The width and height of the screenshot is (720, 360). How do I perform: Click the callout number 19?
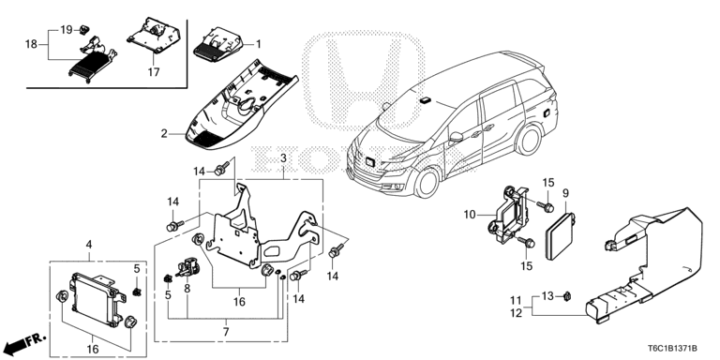click(x=67, y=30)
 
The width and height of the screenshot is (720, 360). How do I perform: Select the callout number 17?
click(x=154, y=72)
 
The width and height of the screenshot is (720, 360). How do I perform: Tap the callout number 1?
click(x=258, y=44)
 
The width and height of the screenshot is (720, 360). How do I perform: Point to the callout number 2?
click(x=164, y=134)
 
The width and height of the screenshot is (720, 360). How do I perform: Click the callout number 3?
click(x=283, y=157)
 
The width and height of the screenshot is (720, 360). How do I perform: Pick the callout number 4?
click(x=89, y=245)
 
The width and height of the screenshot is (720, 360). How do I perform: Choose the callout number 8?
click(x=187, y=289)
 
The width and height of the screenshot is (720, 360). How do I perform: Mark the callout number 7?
click(x=226, y=331)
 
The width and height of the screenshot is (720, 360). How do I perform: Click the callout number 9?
click(x=565, y=193)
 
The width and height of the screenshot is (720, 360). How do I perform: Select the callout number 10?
click(x=470, y=214)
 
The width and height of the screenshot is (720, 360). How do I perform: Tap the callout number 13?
click(x=547, y=296)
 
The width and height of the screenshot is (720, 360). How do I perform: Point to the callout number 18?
click(x=31, y=45)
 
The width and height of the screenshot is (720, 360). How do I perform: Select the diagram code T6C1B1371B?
click(x=673, y=349)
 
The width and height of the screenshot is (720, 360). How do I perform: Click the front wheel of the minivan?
click(x=427, y=183)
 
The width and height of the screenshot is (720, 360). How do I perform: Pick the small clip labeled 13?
click(x=567, y=296)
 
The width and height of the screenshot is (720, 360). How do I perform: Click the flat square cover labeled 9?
click(x=561, y=236)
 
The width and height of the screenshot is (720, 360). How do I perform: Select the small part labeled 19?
click(x=84, y=29)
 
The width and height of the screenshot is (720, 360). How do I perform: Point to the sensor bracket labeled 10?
click(x=508, y=214)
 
